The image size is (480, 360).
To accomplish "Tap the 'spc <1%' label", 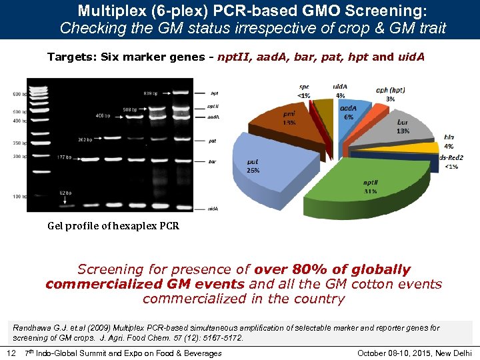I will pos(303,91).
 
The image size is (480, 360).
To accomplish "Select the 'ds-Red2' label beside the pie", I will pos(453,157).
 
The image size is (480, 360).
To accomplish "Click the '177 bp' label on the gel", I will pos(65,157).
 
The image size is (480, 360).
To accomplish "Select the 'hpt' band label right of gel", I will pos(214,93).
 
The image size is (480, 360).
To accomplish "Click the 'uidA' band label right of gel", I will pos(213,209).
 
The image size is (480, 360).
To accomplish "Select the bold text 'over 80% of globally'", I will pos(333,269).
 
